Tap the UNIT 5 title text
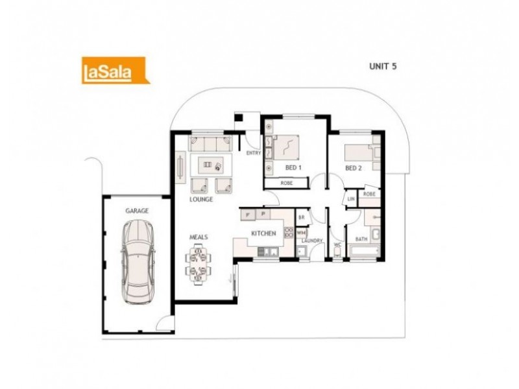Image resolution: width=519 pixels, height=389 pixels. [382, 65]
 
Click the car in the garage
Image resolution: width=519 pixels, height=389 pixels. [138, 261]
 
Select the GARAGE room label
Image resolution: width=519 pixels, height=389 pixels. [137, 211]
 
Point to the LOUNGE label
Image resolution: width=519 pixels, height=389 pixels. [202, 200]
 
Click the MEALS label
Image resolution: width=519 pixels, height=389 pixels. [199, 237]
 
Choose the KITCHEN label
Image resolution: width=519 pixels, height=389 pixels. [264, 232]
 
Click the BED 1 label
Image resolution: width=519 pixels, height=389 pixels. [294, 168]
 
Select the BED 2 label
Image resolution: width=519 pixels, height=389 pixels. [352, 168]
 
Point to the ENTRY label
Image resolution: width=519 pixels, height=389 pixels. [253, 153]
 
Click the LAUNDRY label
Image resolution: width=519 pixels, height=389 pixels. [312, 241]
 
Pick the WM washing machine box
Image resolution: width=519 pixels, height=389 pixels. [301, 231]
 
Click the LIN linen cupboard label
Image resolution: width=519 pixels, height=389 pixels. [351, 199]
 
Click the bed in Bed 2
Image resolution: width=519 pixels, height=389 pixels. [357, 152]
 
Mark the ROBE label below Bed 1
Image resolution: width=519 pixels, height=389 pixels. [286, 183]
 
